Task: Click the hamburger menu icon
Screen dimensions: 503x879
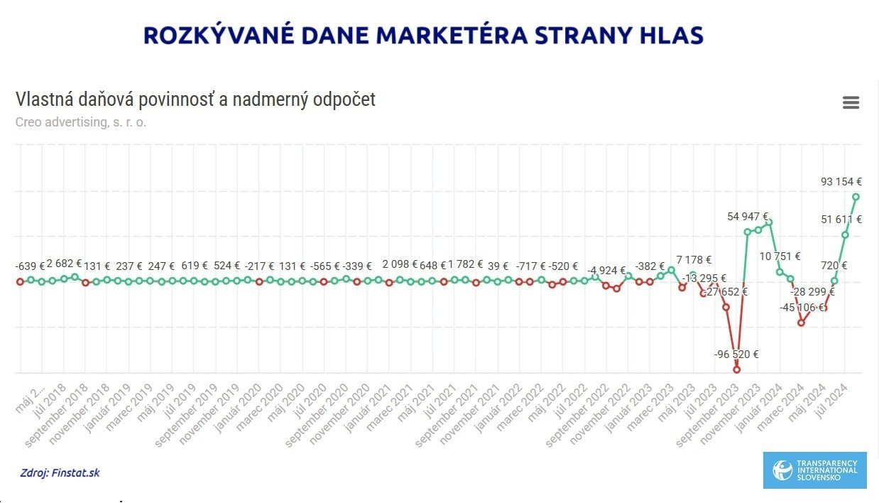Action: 851,103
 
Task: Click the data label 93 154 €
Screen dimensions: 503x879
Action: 841,182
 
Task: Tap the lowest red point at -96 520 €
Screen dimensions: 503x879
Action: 736,369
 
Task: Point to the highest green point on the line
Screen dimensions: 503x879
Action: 856,197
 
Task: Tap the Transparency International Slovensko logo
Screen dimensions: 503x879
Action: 814,470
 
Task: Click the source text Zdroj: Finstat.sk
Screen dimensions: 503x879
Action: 60,472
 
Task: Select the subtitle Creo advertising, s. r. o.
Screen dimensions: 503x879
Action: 81,121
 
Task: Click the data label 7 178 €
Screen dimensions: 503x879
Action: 694,260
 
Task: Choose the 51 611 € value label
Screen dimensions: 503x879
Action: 841,220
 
